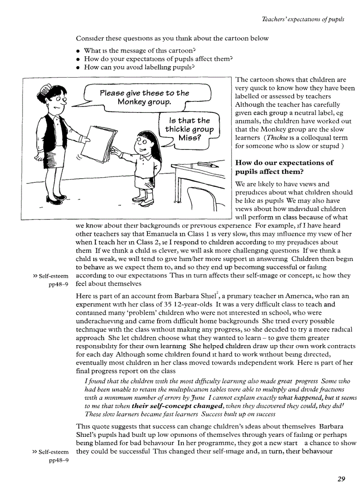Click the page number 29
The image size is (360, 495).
point(340,479)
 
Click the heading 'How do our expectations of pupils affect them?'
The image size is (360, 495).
point(285,167)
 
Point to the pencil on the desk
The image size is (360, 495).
point(208,164)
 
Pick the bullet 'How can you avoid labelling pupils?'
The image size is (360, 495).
point(139,67)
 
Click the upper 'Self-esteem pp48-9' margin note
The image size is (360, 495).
point(51,280)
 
